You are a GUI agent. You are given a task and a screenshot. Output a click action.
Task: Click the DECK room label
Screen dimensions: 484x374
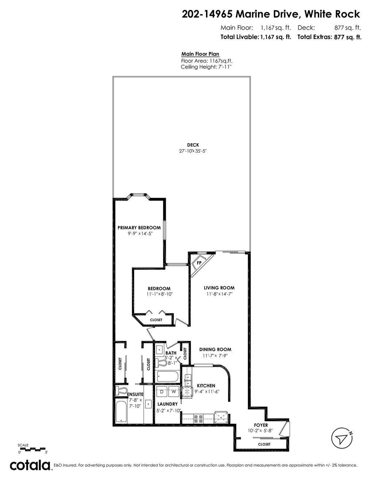tap(193, 145)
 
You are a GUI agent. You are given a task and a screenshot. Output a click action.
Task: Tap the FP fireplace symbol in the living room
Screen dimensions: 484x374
tap(199, 263)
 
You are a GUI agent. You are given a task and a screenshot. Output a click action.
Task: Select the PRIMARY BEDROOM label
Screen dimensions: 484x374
tap(139, 228)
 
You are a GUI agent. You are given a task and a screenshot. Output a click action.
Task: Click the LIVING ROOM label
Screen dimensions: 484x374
tap(219, 288)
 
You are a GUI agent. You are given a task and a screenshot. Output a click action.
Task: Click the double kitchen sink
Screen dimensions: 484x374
tap(188, 380)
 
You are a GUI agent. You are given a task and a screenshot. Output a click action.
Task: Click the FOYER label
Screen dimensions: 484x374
tap(261, 425)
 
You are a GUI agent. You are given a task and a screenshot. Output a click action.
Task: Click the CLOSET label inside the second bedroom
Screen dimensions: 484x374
tap(156, 320)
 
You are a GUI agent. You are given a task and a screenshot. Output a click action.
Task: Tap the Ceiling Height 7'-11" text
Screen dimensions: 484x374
tap(206, 67)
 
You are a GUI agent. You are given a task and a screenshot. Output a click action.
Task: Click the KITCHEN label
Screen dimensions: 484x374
tap(206, 386)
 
